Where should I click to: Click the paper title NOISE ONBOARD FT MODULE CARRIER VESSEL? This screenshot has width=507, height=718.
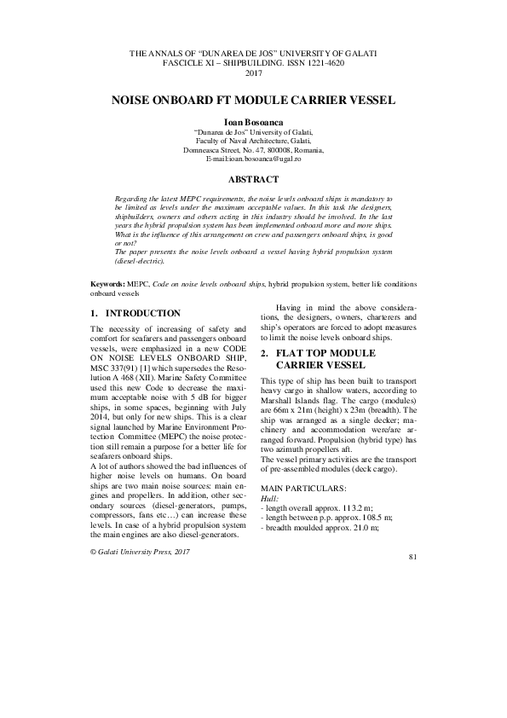point(253,101)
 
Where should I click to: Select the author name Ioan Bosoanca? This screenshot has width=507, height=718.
point(253,123)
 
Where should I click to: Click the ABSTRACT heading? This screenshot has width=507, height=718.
point(253,180)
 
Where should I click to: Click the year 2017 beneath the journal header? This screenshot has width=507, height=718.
point(253,74)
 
